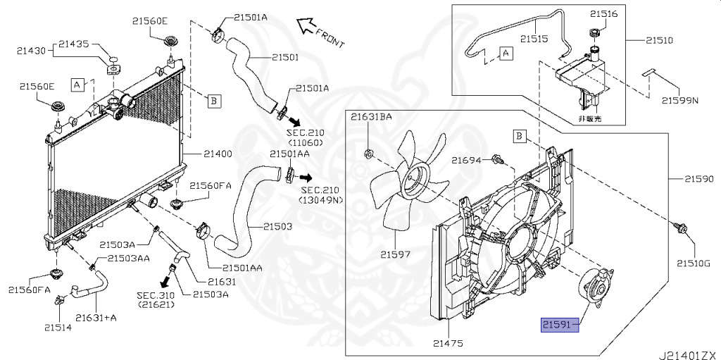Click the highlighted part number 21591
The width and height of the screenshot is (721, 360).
point(559,324)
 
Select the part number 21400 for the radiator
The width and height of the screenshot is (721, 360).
point(218,154)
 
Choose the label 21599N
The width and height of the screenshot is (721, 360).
point(679,101)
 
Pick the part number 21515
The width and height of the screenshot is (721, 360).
point(534,39)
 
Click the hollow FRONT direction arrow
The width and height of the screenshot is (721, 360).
point(307,27)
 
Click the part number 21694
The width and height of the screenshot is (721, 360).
point(466,161)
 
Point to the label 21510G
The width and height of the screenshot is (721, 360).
point(694,263)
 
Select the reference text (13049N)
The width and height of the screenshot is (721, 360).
point(321,200)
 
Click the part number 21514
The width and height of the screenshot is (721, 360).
point(57,328)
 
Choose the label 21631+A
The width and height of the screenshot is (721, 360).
point(96,318)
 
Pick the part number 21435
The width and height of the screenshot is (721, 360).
point(74,44)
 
